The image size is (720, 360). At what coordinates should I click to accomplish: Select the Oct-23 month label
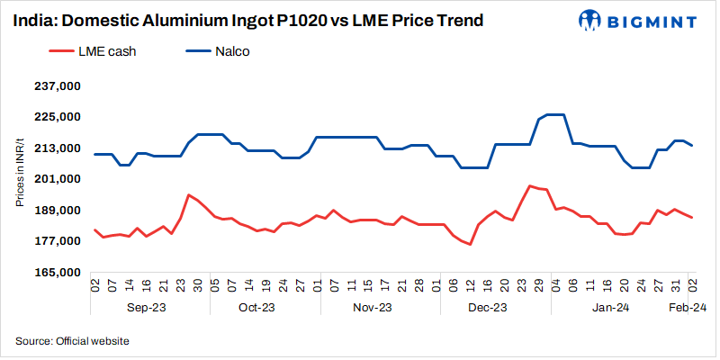(x=256, y=308)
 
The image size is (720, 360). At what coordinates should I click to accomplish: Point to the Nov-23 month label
(x=373, y=308)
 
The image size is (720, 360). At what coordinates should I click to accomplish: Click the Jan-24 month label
(x=610, y=308)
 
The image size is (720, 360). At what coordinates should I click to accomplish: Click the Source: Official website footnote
(x=72, y=341)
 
